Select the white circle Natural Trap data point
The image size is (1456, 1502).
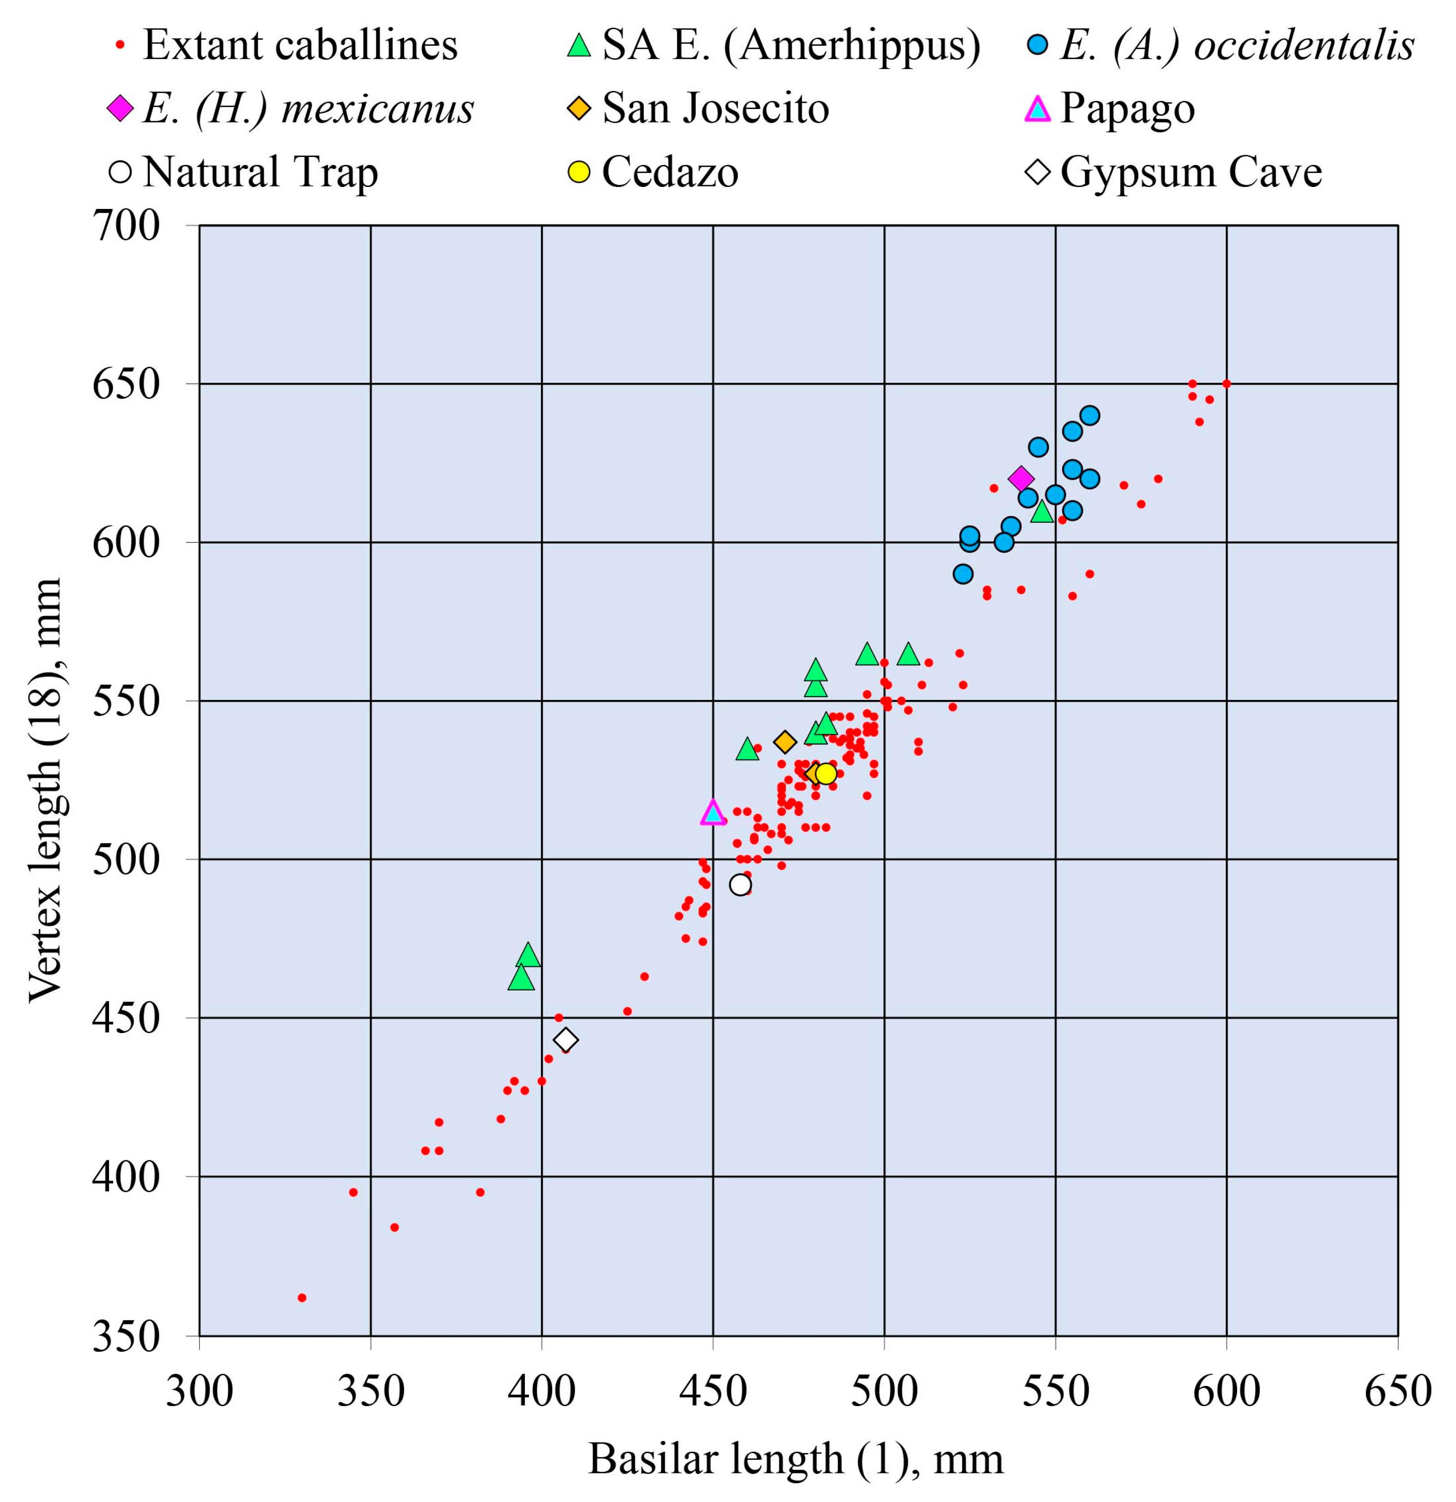(740, 884)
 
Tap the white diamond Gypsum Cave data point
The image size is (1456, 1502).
(565, 1040)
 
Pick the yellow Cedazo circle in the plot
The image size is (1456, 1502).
(825, 773)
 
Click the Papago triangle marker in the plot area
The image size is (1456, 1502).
(713, 813)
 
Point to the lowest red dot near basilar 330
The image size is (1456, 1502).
(302, 1298)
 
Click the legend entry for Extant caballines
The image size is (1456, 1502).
(300, 44)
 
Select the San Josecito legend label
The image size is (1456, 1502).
(715, 108)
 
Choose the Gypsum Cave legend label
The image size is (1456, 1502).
(1191, 172)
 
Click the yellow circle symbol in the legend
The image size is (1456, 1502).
(579, 172)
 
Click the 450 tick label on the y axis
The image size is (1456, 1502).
(126, 1018)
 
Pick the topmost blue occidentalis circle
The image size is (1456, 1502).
(1090, 415)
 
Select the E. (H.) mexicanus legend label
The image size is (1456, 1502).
(308, 108)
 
